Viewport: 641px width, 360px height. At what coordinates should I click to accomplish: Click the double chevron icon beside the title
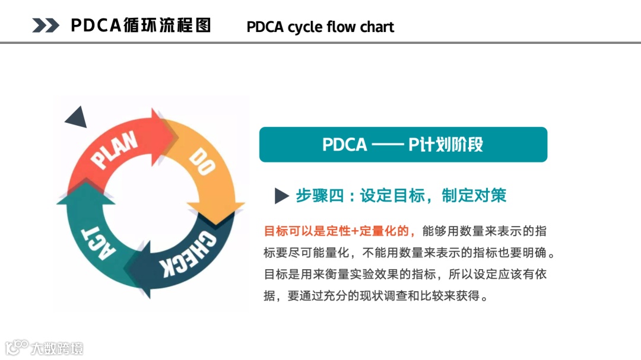tap(46, 25)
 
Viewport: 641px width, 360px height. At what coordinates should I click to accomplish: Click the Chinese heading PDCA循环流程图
tap(141, 25)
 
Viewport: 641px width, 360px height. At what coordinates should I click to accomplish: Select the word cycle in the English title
tap(306, 27)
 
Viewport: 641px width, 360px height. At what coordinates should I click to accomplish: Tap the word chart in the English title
tap(376, 27)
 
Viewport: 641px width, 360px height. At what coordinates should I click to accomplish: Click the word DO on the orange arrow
tap(202, 162)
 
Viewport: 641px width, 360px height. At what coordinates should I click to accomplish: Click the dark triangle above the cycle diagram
tap(77, 118)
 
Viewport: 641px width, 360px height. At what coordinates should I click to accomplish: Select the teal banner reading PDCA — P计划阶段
tap(403, 145)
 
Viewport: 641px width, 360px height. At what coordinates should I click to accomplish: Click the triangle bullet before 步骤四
tap(281, 196)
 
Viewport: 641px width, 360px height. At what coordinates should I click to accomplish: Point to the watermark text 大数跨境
tap(58, 348)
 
